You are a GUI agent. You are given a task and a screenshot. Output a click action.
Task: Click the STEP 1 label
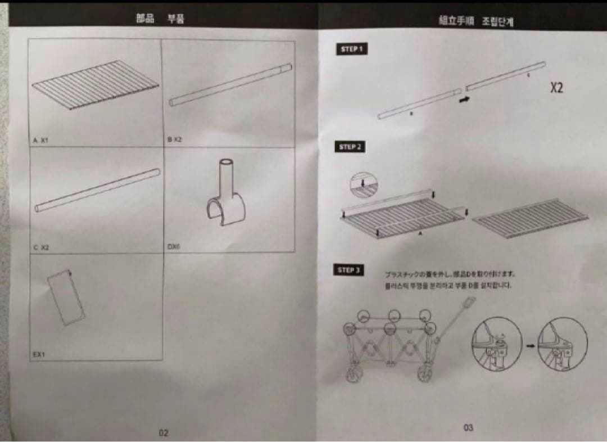[x=351, y=49]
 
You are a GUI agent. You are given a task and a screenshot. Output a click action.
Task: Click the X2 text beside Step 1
[x=556, y=88]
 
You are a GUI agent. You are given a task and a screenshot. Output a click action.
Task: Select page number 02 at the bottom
[x=163, y=433]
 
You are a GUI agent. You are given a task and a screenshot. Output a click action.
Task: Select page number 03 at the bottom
[x=468, y=428]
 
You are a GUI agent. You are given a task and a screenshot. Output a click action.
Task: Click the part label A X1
[x=42, y=142]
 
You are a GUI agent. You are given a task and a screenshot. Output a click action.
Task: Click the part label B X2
[x=175, y=139]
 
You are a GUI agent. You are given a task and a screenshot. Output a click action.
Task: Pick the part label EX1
[x=39, y=354]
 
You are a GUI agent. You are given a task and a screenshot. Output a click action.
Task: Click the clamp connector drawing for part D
[x=226, y=197]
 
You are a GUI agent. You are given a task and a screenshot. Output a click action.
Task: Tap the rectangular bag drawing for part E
[x=66, y=297]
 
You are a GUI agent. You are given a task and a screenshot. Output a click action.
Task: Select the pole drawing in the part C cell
[x=97, y=190]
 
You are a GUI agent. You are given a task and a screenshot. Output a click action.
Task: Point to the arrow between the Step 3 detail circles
[x=529, y=344]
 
